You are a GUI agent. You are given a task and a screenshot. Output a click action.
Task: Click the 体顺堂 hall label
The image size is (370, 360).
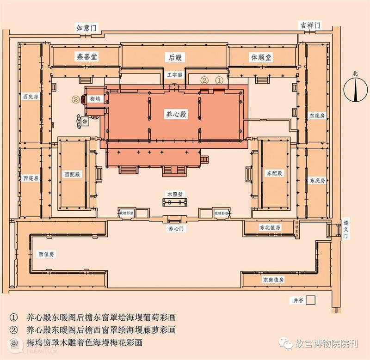point(261,57)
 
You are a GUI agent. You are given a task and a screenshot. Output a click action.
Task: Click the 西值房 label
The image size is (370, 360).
point(46,254)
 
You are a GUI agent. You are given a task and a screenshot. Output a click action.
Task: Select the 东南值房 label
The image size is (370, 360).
point(273,280)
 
